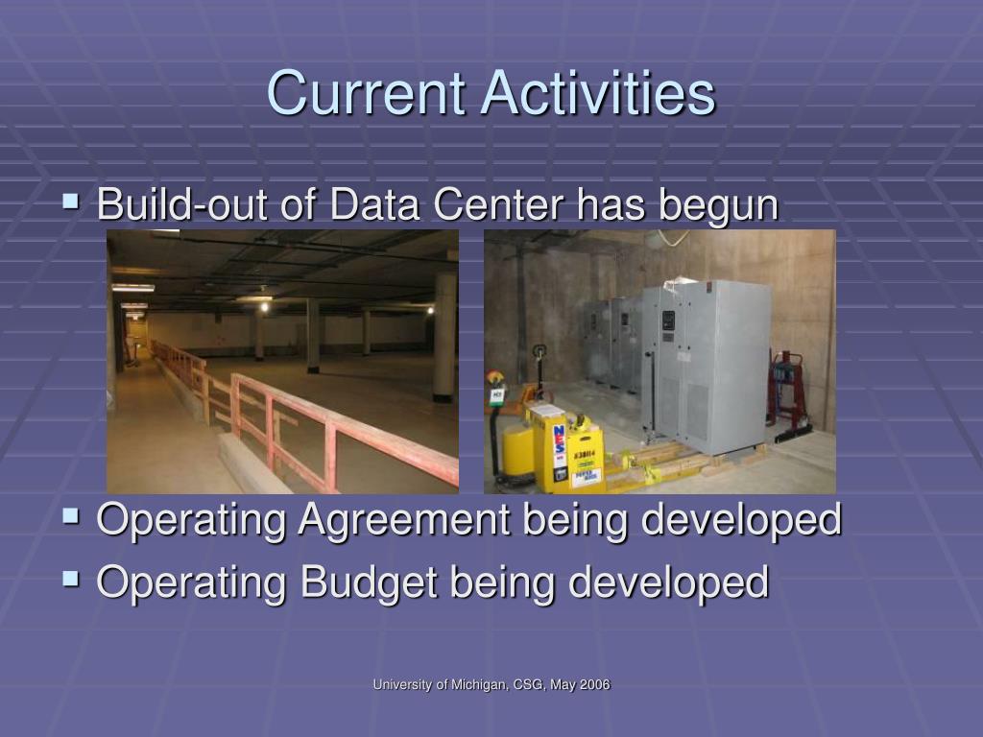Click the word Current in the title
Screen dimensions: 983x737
click(366, 93)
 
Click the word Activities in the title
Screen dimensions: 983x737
click(598, 93)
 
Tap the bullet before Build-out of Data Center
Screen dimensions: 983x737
click(71, 202)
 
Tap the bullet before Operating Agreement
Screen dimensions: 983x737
click(71, 515)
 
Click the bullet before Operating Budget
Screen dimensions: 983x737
click(71, 579)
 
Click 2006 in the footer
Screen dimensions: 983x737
click(595, 684)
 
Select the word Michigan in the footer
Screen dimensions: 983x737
click(481, 685)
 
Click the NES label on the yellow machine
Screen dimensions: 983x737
click(558, 444)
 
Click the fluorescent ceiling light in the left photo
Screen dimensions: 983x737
click(132, 288)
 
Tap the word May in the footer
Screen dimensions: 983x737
click(563, 685)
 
